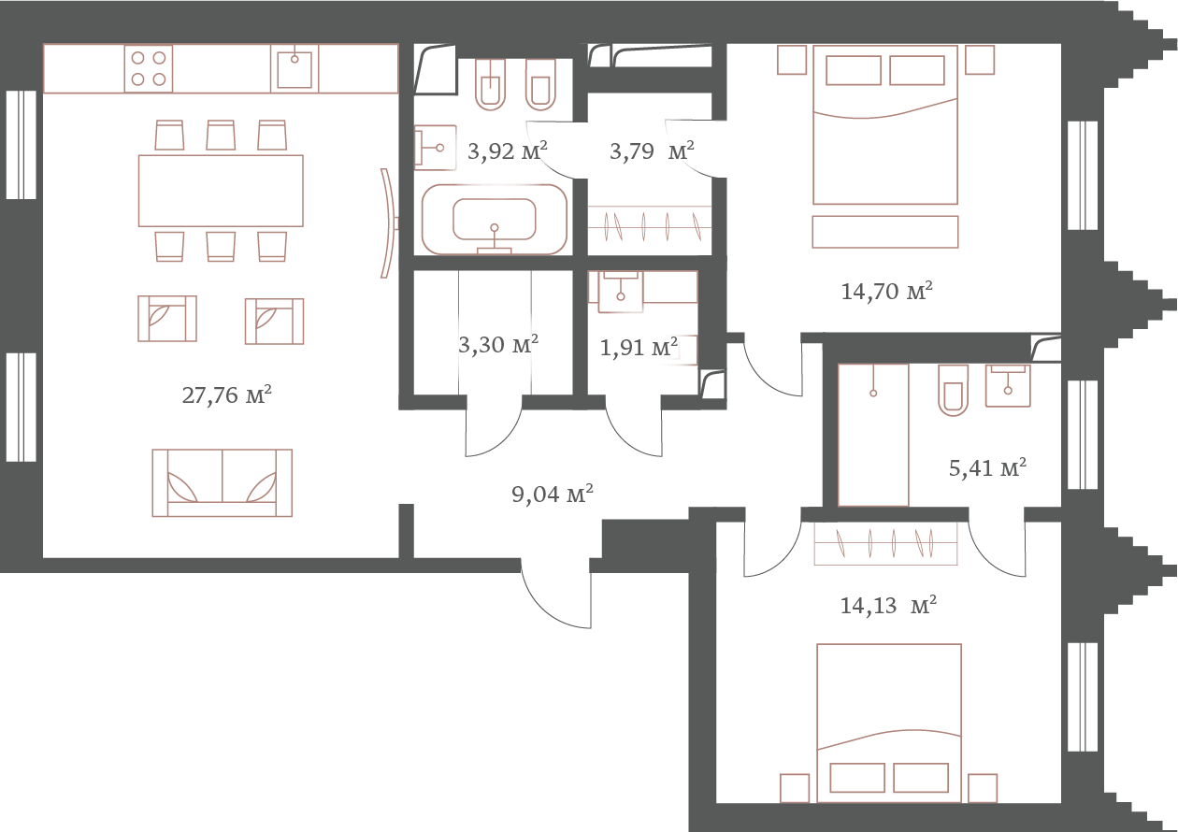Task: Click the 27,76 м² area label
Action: click(x=227, y=395)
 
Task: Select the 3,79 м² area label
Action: click(x=652, y=151)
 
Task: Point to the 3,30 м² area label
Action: click(x=497, y=346)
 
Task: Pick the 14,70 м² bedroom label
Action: click(x=886, y=292)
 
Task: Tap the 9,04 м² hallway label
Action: click(x=553, y=495)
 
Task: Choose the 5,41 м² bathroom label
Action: click(x=987, y=467)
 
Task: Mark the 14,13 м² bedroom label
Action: click(x=887, y=606)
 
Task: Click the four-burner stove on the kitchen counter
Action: click(x=149, y=68)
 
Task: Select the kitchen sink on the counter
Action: click(x=294, y=68)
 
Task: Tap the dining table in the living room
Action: click(x=221, y=191)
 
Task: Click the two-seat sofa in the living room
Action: click(x=223, y=482)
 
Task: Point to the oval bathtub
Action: click(x=495, y=221)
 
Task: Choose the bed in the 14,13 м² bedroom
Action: click(x=888, y=722)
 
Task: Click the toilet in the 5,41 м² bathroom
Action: click(x=953, y=390)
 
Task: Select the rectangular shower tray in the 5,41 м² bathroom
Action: click(x=873, y=435)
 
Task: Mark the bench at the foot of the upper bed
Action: click(x=885, y=232)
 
